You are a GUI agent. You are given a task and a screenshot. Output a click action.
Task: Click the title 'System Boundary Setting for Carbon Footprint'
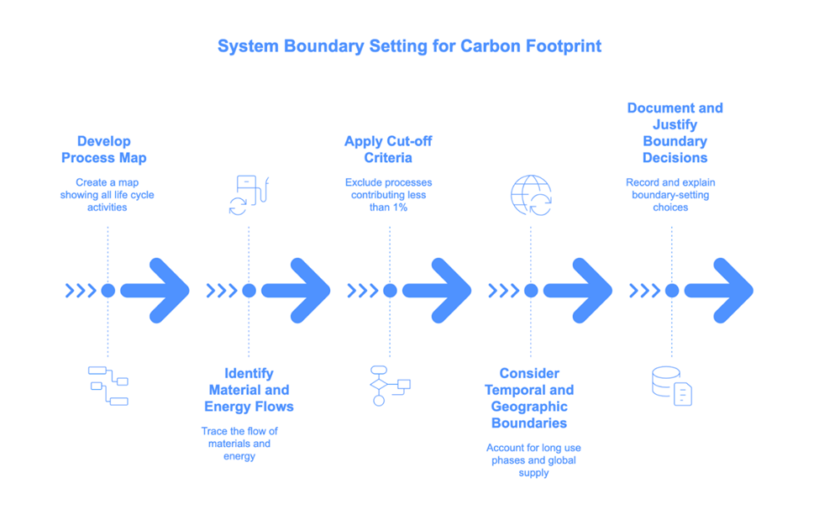409,46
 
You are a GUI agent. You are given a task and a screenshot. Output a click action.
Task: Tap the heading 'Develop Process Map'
104,150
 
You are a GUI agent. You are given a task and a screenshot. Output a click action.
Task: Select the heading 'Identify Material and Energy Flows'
249,390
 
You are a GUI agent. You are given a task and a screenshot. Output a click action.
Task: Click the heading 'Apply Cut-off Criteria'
388,150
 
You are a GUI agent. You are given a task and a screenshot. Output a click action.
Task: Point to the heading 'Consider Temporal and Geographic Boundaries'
529,398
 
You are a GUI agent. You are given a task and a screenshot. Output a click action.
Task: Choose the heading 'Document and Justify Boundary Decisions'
675,133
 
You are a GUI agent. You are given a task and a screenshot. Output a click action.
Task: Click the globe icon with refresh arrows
532,195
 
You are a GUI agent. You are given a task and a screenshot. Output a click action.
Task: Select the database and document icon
672,386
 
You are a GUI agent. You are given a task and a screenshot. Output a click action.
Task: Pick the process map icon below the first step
108,386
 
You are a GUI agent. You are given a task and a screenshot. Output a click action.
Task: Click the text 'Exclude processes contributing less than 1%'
388,195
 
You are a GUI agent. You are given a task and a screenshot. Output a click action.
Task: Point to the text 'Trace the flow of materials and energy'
239,444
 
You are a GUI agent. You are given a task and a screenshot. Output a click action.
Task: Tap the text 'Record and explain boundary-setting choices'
670,195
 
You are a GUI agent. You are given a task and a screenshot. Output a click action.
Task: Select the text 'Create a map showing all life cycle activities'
107,195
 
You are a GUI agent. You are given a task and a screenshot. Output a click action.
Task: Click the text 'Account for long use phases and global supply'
533,460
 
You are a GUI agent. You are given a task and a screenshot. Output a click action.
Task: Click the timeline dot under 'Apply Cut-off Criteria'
390,291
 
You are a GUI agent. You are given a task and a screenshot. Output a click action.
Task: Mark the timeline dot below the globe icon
531,291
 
